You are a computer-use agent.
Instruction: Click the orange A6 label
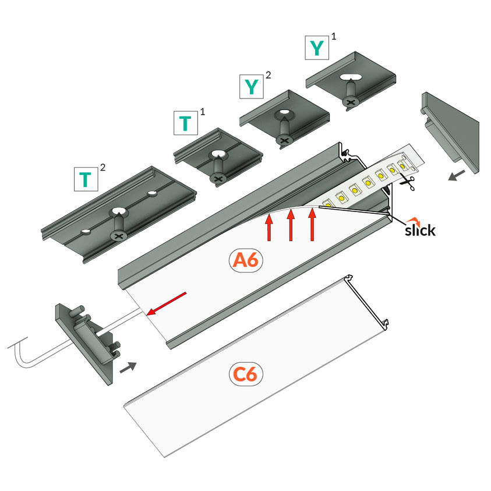(245, 261)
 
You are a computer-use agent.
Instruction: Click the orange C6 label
(245, 374)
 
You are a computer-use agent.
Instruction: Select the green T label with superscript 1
(185, 122)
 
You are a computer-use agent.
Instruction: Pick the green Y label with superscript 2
(252, 87)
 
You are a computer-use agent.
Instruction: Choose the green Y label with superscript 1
(317, 48)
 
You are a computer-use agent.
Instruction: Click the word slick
(419, 229)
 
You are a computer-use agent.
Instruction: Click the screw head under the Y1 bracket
(351, 103)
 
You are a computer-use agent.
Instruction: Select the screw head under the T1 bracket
(218, 178)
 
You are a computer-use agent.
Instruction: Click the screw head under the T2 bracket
(119, 235)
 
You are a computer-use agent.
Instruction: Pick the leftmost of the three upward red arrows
(269, 228)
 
